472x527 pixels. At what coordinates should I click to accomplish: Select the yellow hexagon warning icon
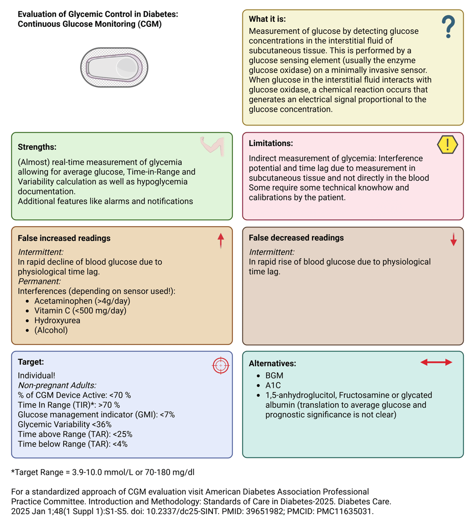pyautogui.click(x=447, y=145)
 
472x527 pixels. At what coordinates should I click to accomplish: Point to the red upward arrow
pyautogui.click(x=220, y=240)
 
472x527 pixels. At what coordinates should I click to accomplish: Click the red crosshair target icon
pyautogui.click(x=221, y=365)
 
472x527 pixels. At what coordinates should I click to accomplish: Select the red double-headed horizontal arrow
pyautogui.click(x=437, y=363)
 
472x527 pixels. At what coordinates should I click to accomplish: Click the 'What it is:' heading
pyautogui.click(x=267, y=19)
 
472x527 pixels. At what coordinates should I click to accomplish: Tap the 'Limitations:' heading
pyautogui.click(x=271, y=143)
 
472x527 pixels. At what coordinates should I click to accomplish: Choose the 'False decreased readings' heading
pyautogui.click(x=296, y=238)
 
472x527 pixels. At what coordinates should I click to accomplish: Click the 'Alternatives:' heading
pyautogui.click(x=272, y=363)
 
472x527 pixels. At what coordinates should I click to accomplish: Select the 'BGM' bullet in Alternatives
pyautogui.click(x=274, y=375)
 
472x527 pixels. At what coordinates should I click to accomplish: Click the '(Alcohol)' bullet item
pyautogui.click(x=51, y=330)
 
